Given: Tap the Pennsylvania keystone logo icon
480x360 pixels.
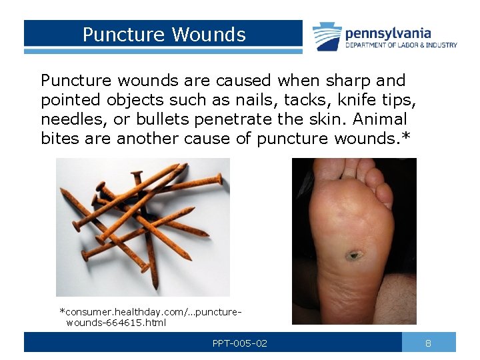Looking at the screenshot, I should tap(327, 37).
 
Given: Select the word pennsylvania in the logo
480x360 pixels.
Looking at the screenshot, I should tap(388, 33).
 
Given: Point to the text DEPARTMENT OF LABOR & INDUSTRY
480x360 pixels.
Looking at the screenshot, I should tap(401, 45).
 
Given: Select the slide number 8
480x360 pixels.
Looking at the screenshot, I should tap(428, 343).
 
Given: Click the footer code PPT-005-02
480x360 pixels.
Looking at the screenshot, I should tap(240, 343).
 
